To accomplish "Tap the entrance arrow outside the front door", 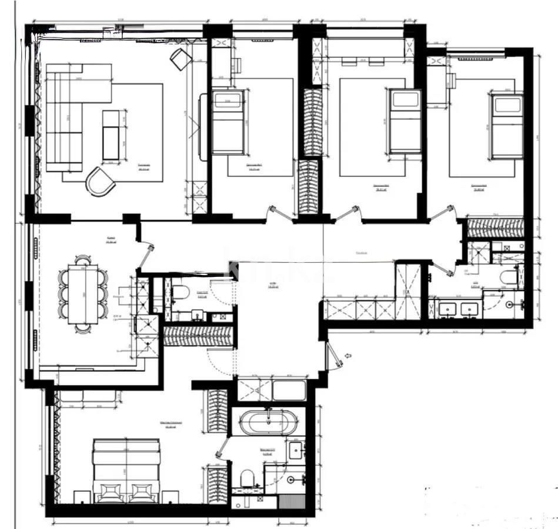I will tap(348, 356).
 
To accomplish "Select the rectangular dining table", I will tap(82, 293).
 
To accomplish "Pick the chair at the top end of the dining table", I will tap(83, 259).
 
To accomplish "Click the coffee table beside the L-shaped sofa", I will tap(111, 135).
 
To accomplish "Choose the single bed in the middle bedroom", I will tap(405, 120).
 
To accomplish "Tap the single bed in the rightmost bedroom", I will tap(507, 125).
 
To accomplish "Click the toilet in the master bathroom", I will tap(248, 477).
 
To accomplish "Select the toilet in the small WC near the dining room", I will tap(181, 292).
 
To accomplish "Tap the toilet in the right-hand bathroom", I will tap(507, 277).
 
